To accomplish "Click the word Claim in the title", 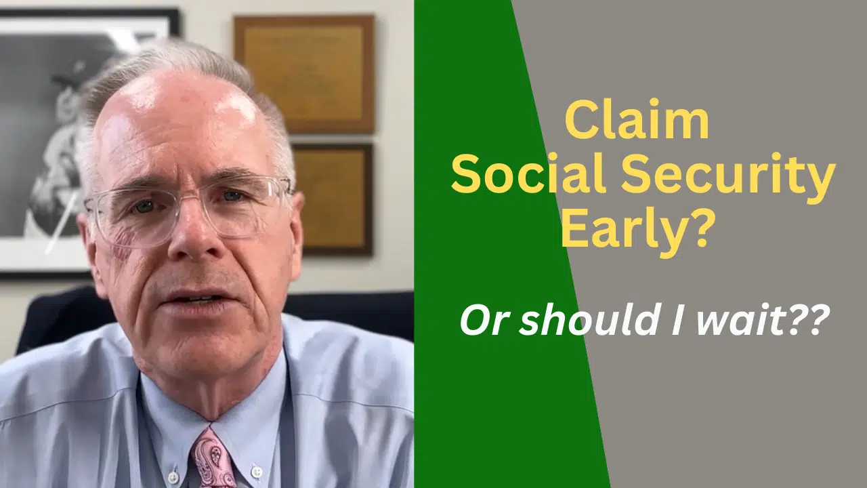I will pyautogui.click(x=637, y=122).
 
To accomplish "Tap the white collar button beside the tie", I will pyautogui.click(x=256, y=470).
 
